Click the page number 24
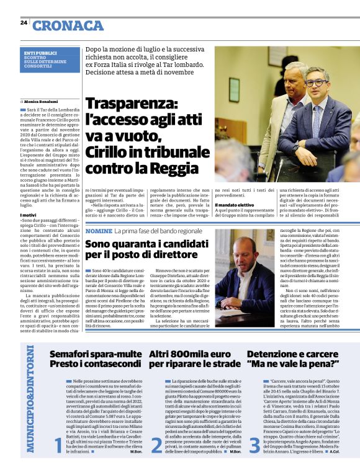(x=23, y=23)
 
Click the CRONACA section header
(x=68, y=25)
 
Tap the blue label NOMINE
(x=99, y=231)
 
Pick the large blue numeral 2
(x=156, y=445)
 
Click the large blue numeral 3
(x=254, y=445)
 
